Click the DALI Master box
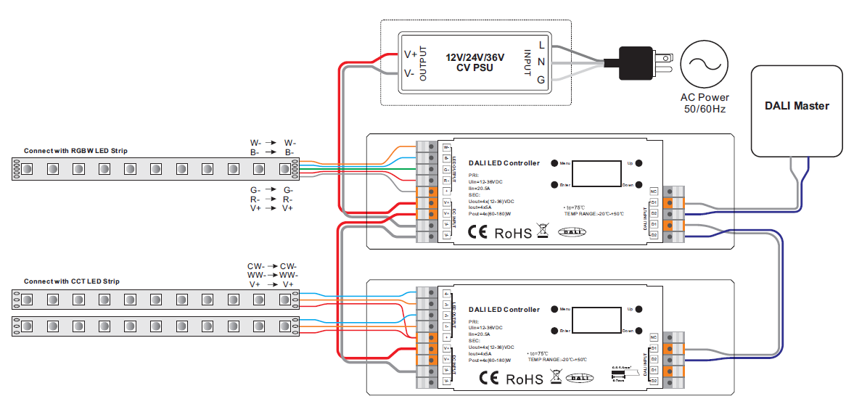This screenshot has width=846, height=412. (797, 110)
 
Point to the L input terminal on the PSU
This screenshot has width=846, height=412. (541, 46)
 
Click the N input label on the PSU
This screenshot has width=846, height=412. (541, 62)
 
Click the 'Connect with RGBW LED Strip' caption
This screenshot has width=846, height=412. (75, 151)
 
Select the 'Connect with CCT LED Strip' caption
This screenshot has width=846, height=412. (72, 281)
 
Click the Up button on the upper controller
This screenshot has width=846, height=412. (639, 163)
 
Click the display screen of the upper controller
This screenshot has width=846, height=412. (596, 173)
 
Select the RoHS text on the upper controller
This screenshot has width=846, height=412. (513, 234)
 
